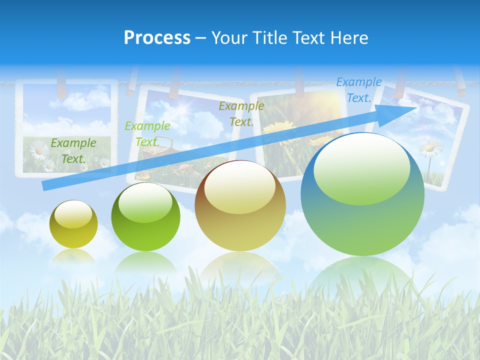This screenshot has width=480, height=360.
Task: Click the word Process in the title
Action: tap(157, 38)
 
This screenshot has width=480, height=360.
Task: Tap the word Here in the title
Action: tap(349, 38)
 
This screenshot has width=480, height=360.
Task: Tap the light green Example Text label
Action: tap(147, 134)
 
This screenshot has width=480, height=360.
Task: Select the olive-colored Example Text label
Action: tap(241, 113)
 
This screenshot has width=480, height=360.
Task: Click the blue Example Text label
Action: tap(358, 90)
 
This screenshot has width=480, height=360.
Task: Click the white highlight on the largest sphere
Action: tap(361, 167)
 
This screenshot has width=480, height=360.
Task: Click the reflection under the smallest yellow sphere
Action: tap(73, 256)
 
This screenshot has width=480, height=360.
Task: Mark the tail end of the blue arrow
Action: tap(45, 186)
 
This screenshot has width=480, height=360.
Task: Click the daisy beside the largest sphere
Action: tap(430, 147)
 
